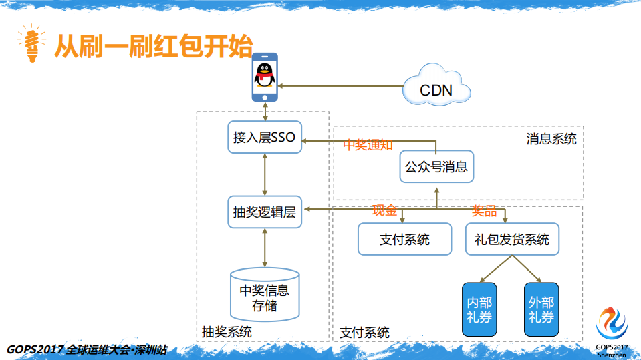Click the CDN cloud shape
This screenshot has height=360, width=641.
click(436, 87)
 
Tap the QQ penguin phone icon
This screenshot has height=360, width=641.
click(265, 77)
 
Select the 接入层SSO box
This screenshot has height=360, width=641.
click(265, 138)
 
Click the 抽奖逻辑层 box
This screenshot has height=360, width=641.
click(265, 212)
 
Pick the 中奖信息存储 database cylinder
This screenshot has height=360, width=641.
click(265, 297)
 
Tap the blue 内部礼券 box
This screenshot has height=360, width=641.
click(480, 309)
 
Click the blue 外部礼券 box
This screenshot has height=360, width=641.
click(541, 309)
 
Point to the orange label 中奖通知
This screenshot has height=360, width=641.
click(368, 146)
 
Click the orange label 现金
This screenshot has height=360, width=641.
click(385, 211)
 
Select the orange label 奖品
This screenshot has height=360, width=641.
click(485, 211)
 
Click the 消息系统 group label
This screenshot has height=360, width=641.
click(551, 138)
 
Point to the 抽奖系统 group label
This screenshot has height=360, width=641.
click(227, 331)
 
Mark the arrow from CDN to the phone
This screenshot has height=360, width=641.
click(341, 86)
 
